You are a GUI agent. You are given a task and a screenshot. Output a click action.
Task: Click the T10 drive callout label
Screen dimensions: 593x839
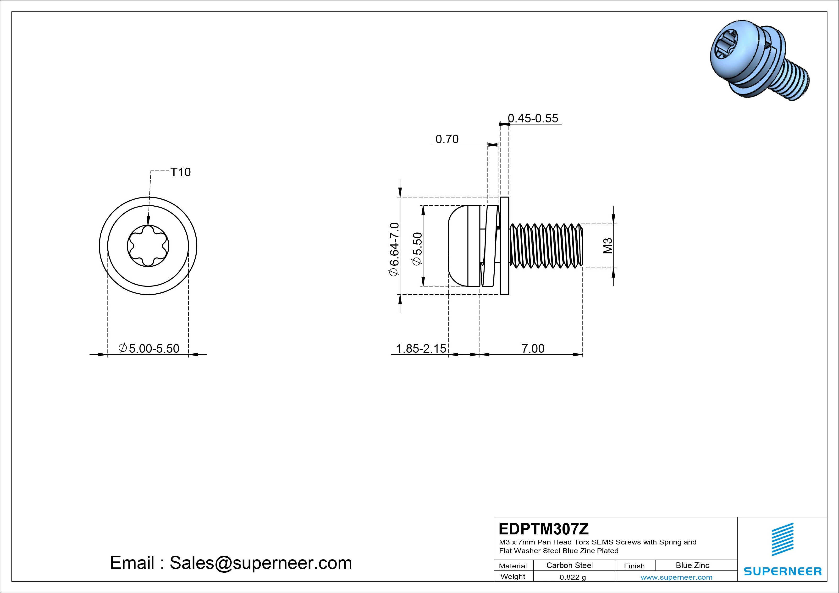tap(181, 172)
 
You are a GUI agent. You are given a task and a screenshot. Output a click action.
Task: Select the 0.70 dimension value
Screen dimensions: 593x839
tap(447, 139)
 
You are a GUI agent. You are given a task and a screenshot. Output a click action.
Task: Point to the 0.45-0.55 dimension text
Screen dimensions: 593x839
tap(533, 118)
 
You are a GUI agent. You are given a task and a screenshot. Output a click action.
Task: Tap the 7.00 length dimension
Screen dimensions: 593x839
tap(533, 349)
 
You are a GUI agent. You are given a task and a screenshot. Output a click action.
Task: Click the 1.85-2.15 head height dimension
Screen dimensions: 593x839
tap(421, 349)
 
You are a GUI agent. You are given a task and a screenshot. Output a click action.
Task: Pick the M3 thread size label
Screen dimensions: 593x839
tap(607, 246)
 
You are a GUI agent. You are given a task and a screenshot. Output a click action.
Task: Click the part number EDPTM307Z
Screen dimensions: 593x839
tap(543, 529)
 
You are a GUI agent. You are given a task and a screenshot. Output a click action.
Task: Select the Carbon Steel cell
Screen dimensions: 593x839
tap(569, 566)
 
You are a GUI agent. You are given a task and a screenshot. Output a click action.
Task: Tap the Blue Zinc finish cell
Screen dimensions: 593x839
tap(692, 566)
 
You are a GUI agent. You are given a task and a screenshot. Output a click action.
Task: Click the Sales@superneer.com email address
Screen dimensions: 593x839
tap(260, 563)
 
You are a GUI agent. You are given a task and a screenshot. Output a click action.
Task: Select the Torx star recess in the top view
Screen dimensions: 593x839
tap(148, 246)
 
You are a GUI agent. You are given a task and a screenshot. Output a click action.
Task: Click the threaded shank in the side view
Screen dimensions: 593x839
tap(546, 246)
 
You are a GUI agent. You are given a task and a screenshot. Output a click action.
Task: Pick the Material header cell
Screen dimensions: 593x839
tap(513, 566)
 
